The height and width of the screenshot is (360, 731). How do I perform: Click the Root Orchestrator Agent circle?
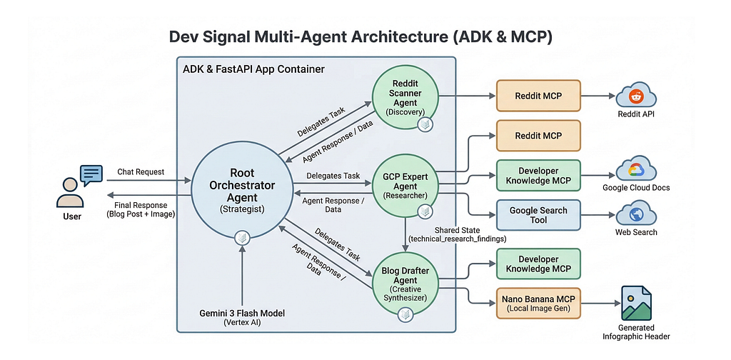click(x=242, y=191)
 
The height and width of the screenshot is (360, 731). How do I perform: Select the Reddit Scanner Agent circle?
click(x=405, y=98)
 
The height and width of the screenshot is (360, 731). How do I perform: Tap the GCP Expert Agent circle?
click(x=405, y=184)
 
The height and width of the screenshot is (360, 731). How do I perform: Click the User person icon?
click(x=70, y=193)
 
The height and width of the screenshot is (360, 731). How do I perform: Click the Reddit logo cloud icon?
click(x=636, y=96)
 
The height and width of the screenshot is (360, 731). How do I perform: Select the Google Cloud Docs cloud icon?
click(x=636, y=171)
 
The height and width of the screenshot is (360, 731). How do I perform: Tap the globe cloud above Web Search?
click(x=636, y=216)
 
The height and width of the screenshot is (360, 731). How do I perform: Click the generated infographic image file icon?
click(x=636, y=303)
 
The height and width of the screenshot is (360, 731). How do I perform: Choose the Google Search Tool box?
click(x=538, y=215)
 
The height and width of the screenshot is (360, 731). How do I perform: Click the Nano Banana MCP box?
click(x=538, y=303)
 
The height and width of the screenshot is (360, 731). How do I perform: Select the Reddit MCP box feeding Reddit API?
click(x=538, y=96)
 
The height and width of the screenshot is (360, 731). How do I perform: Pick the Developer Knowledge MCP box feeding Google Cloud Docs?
click(x=538, y=175)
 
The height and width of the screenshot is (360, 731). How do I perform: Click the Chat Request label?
click(x=141, y=171)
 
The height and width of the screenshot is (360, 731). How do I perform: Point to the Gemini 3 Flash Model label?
click(x=242, y=314)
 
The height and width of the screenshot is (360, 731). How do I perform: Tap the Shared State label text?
click(x=458, y=230)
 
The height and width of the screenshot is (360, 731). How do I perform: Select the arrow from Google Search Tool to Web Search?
click(x=598, y=215)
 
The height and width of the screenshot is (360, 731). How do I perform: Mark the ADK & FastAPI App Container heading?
click(x=253, y=69)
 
